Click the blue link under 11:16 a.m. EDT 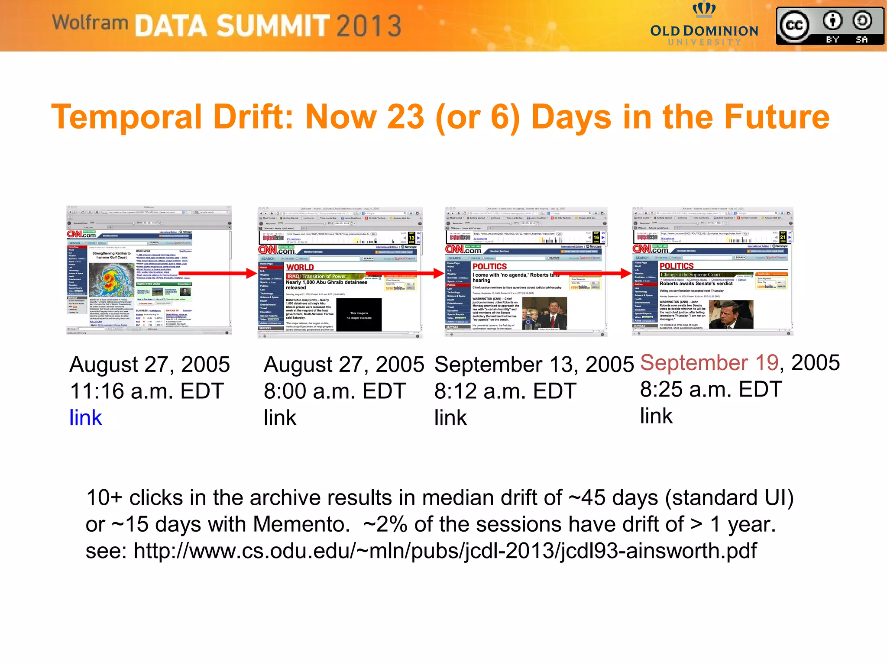point(86,418)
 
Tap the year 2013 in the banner point(369,26)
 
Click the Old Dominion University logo point(704,26)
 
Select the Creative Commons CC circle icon point(794,26)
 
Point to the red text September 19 point(709,363)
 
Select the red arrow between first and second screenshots point(217,273)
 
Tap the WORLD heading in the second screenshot point(300,267)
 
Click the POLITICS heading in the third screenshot point(489,266)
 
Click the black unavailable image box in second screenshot point(359,315)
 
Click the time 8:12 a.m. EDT point(505,391)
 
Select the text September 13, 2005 point(534,365)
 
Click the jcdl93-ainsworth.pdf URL point(445,551)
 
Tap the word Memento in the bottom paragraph point(301,524)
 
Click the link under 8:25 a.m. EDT point(656,416)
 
